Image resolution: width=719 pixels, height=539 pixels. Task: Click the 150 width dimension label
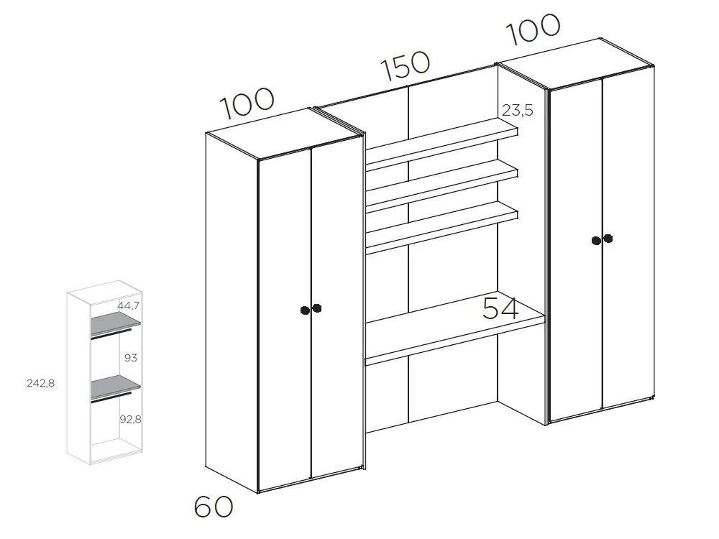pos(406,66)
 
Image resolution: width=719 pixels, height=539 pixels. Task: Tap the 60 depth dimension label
pos(214,507)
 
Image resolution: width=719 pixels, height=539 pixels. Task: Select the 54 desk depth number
pos(500,308)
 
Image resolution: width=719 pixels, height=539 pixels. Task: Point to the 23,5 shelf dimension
pos(518,111)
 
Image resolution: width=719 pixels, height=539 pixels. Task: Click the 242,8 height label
pos(41,383)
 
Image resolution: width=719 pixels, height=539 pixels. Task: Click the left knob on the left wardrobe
pos(305,310)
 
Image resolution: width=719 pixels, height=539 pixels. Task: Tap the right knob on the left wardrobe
pos(317,308)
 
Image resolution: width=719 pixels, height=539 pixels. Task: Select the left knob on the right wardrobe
pos(596,241)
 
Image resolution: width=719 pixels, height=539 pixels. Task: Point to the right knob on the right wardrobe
pos(608,239)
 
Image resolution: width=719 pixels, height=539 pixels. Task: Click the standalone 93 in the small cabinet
pos(129,357)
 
